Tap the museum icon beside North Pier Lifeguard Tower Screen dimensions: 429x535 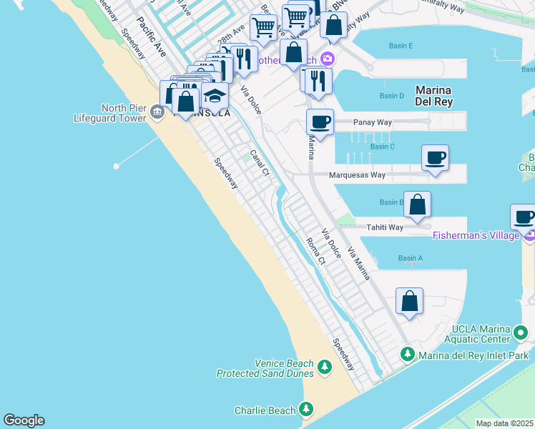(158, 112)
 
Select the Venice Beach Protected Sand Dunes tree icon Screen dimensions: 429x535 (325, 368)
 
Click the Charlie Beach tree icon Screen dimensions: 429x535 (306, 410)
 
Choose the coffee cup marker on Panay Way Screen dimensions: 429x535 (320, 122)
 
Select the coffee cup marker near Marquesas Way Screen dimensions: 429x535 (435, 157)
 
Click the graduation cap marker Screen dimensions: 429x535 (215, 95)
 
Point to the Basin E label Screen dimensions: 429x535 (401, 46)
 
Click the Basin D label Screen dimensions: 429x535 (392, 96)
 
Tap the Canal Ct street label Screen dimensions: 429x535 (258, 163)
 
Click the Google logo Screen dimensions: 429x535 (24, 420)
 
